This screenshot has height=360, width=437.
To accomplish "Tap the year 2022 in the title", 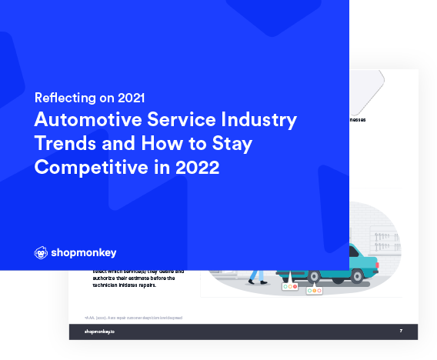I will click(x=197, y=167).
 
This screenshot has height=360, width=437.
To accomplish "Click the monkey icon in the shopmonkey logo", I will click(x=41, y=252).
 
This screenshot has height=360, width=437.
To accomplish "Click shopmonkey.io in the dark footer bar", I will click(x=100, y=332).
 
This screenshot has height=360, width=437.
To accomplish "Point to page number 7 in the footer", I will click(x=401, y=332).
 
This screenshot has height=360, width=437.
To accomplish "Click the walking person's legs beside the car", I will click(x=258, y=277).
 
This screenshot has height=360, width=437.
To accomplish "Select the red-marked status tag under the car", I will click(x=290, y=288).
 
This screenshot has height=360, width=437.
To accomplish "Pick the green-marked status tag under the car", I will click(x=315, y=291).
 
